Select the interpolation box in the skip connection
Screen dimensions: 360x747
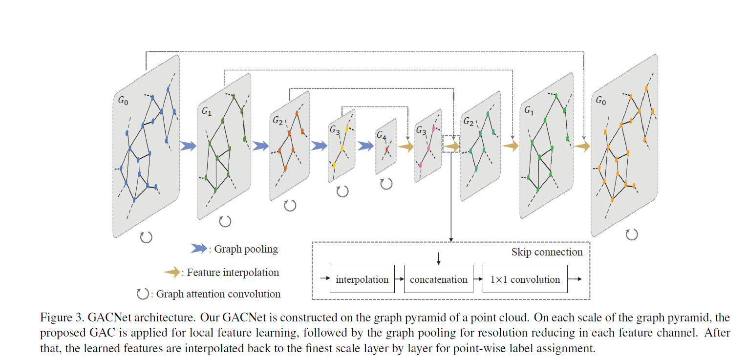tap(362, 279)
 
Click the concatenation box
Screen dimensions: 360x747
tap(439, 279)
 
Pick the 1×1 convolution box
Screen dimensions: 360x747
tap(525, 279)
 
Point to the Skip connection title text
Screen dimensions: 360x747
tap(547, 252)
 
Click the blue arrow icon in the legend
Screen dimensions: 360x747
tap(197, 249)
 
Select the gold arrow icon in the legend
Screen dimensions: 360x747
tap(171, 273)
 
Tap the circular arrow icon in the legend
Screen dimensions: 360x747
tap(142, 294)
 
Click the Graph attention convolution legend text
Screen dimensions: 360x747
tap(218, 294)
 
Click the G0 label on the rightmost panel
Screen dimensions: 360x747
tap(602, 101)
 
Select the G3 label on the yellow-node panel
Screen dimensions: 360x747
tap(335, 130)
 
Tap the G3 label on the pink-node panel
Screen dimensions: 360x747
tap(421, 130)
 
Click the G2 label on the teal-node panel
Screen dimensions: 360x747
tap(469, 121)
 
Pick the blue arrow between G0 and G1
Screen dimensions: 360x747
tap(188, 146)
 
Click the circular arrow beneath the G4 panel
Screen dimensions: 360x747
tap(386, 184)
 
